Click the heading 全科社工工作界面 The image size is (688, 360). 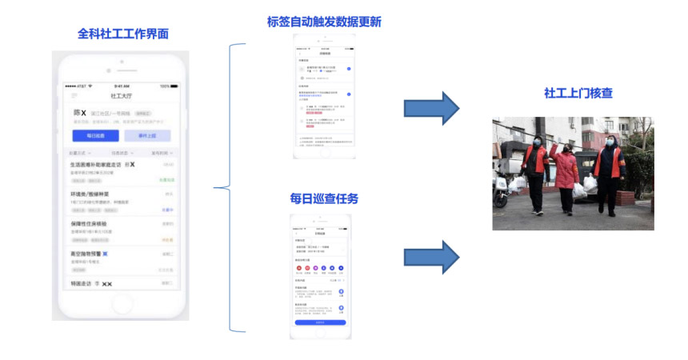tap(122, 34)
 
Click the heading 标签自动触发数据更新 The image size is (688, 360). tap(324, 22)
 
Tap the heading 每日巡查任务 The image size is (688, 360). tap(324, 198)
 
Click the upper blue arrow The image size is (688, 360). tap(431, 108)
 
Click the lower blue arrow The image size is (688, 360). tap(431, 256)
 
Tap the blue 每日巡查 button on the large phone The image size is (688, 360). tap(95, 136)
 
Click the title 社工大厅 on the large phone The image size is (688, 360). tap(122, 96)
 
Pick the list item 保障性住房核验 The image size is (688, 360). tap(93, 224)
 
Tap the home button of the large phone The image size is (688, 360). tap(122, 303)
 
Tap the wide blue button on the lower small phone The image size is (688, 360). tap(319, 323)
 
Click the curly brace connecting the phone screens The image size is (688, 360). tap(226, 188)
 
